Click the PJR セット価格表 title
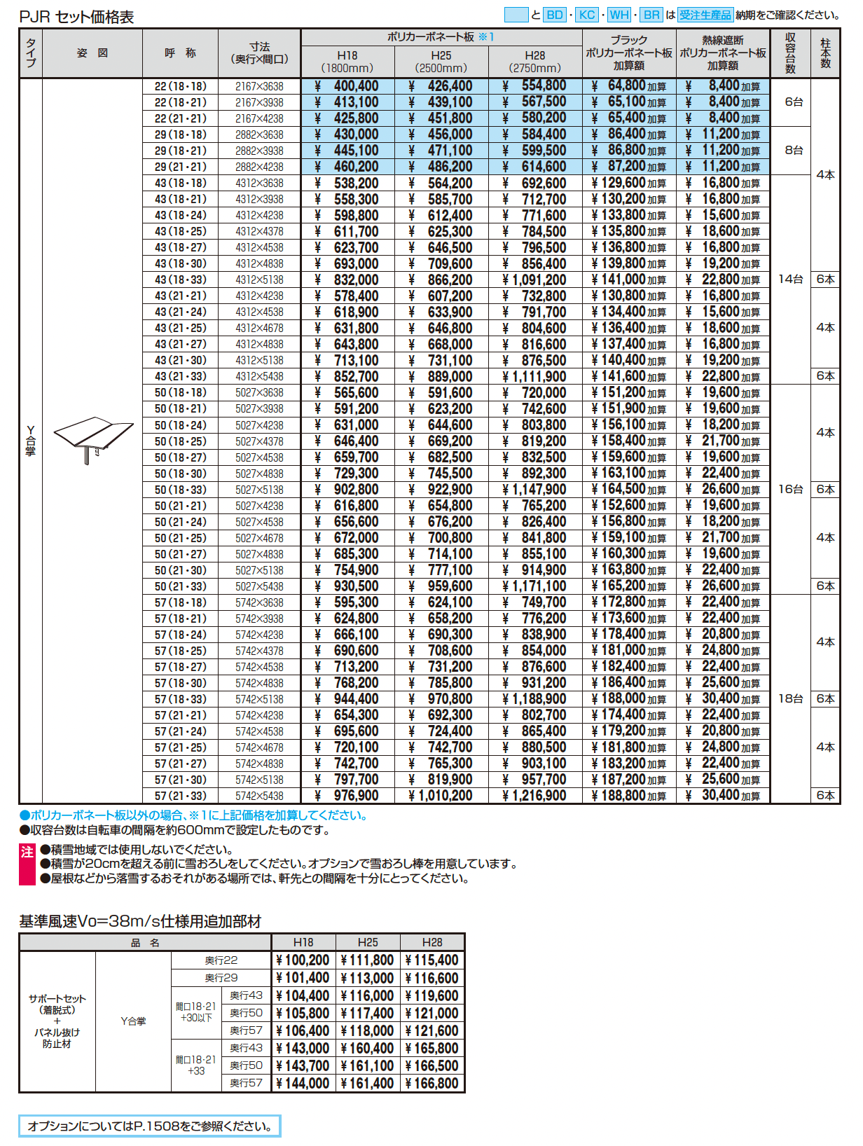[76, 17]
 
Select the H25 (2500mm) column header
[441, 62]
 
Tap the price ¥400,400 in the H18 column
[347, 86]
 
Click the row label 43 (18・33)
[180, 279]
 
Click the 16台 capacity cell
[790, 489]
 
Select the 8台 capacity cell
[793, 150]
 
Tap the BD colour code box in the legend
[554, 15]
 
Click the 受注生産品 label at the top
[705, 15]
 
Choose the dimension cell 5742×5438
[259, 796]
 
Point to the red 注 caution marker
[27, 852]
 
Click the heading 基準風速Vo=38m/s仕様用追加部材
[140, 922]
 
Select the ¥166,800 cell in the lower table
[432, 1084]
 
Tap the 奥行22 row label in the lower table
[221, 960]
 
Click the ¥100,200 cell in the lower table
[303, 960]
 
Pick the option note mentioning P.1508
[149, 1126]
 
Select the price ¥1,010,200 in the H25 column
[441, 796]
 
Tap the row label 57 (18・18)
[180, 602]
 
